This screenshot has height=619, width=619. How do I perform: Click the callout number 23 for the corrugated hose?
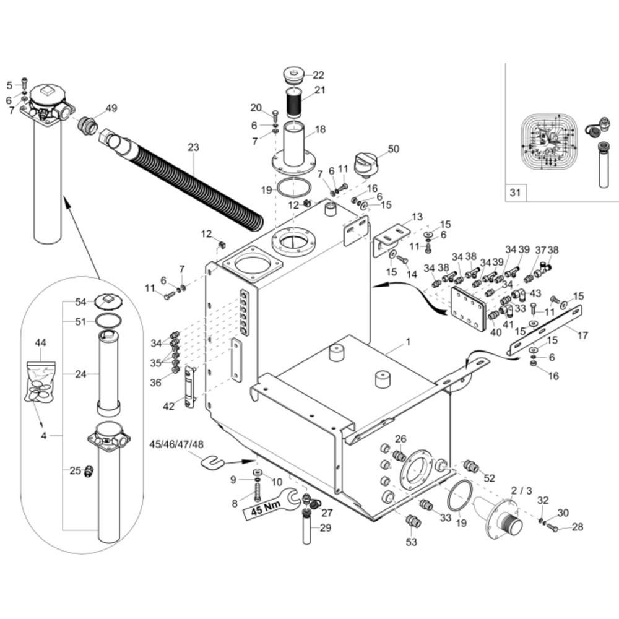[193, 147]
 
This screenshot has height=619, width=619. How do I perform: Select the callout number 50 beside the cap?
[394, 149]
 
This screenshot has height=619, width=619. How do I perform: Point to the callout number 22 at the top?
[318, 76]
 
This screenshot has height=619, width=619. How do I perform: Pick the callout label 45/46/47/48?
[176, 444]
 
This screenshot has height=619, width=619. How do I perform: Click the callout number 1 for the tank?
[409, 342]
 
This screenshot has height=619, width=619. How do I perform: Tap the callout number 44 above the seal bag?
[41, 342]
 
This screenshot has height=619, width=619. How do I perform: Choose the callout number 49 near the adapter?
[111, 108]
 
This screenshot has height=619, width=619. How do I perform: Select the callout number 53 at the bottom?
[412, 542]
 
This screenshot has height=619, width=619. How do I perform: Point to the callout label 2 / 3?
[521, 490]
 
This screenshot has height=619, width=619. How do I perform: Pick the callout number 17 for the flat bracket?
[582, 336]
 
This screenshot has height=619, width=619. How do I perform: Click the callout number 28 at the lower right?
[577, 527]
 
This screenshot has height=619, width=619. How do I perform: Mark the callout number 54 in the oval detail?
[80, 301]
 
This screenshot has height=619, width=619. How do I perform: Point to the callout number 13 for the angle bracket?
[417, 217]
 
